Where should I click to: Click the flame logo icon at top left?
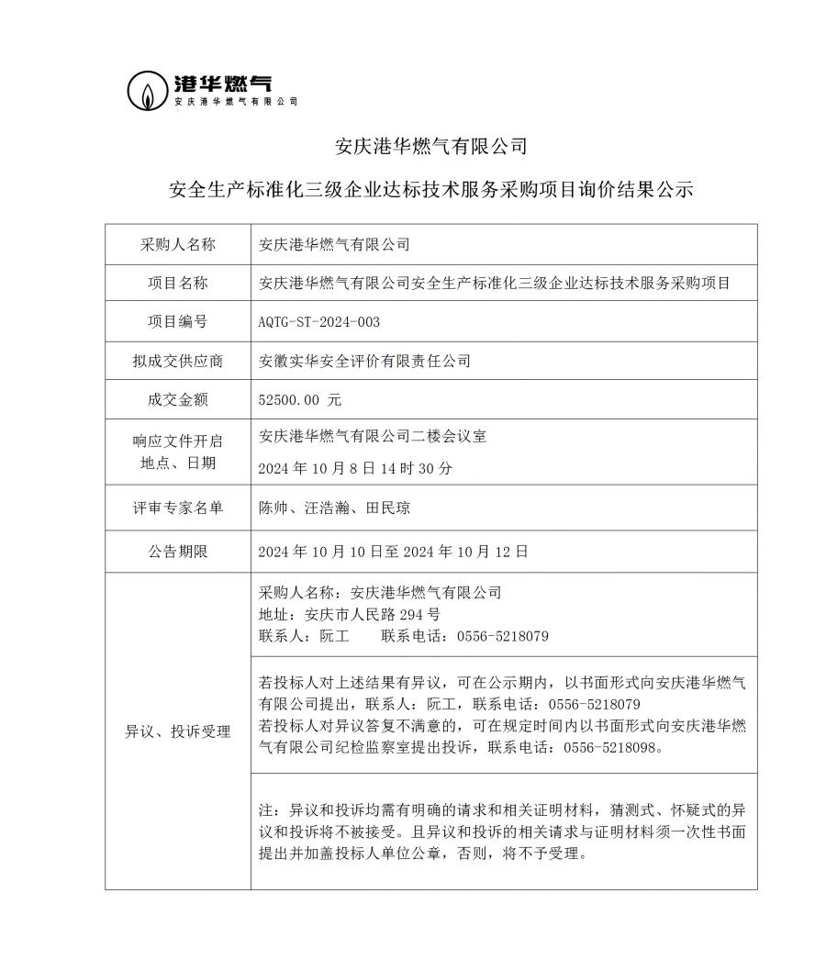pyautogui.click(x=147, y=90)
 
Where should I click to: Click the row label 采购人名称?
pyautogui.click(x=177, y=244)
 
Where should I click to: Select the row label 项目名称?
pyautogui.click(x=177, y=284)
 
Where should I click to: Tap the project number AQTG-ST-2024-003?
pyautogui.click(x=319, y=322)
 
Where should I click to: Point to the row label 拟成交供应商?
pyautogui.click(x=177, y=361)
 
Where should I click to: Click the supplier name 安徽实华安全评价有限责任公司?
pyautogui.click(x=365, y=361)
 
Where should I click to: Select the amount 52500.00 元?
pyautogui.click(x=301, y=400)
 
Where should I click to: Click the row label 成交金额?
pyautogui.click(x=177, y=400)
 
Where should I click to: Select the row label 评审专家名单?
pyautogui.click(x=177, y=508)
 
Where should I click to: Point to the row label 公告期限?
pyautogui.click(x=177, y=552)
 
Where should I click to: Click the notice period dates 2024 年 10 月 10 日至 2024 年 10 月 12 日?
pyautogui.click(x=394, y=552)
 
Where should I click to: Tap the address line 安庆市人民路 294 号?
pyautogui.click(x=350, y=614)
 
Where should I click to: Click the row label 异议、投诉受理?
pyautogui.click(x=177, y=731)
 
